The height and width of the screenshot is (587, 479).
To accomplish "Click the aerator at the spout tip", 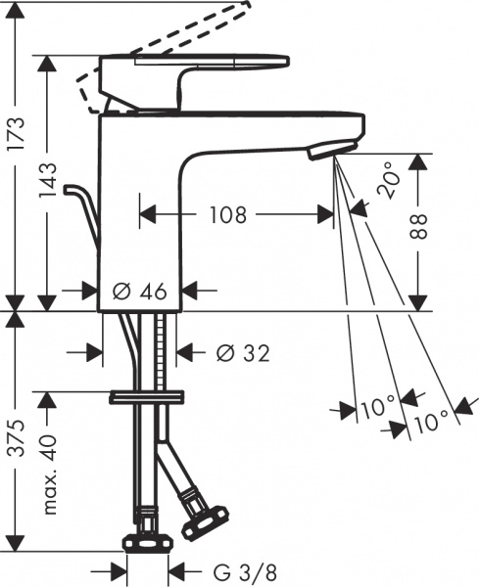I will (x=326, y=151).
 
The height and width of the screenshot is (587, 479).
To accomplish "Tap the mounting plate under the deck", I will (x=147, y=396).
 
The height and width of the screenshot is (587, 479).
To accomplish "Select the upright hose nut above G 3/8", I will (x=148, y=542).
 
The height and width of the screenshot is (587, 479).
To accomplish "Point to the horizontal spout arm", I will (x=274, y=127).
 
